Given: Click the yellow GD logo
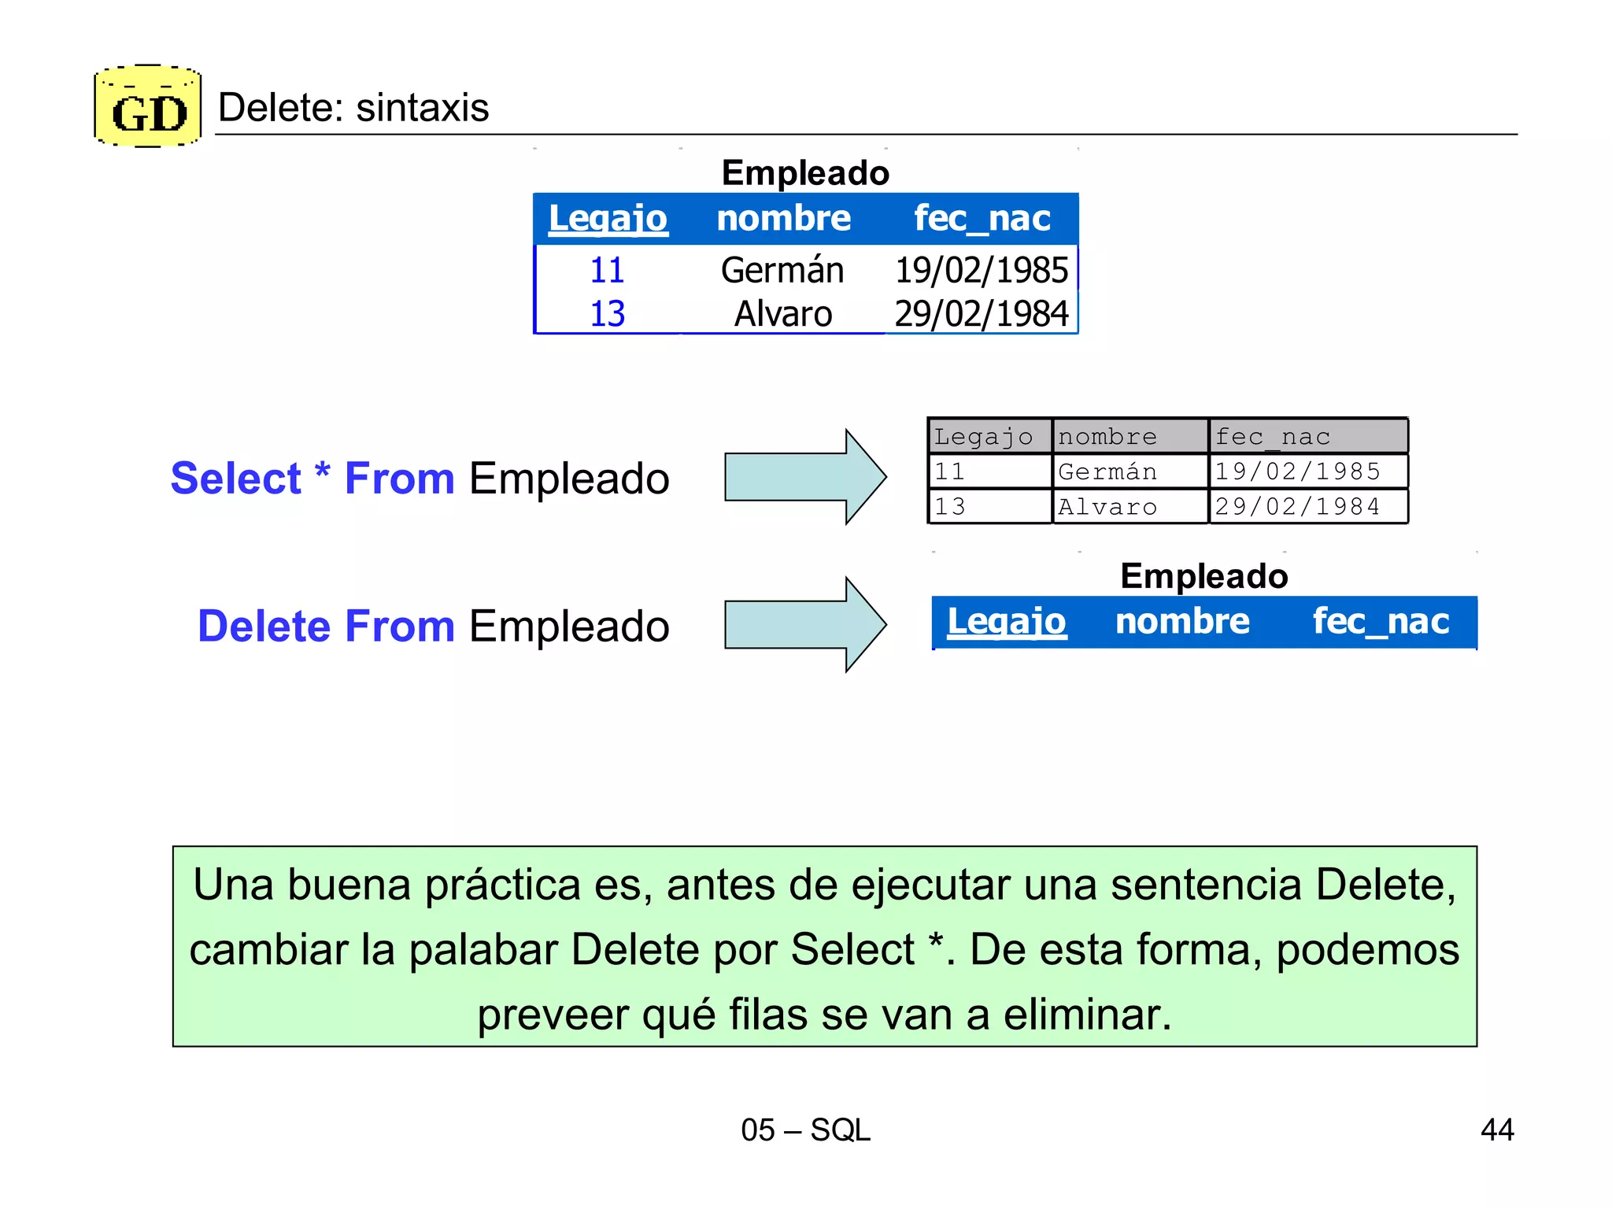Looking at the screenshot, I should (148, 107).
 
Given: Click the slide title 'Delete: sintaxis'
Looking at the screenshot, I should (353, 108).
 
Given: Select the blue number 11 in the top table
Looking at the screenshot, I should (607, 270).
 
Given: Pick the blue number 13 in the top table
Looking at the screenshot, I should (607, 313).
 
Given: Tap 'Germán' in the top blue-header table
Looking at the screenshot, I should (782, 270).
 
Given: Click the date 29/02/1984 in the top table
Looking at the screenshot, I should (981, 313).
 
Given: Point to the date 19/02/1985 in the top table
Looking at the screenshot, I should (981, 270).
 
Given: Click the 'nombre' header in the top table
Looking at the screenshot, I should (783, 218).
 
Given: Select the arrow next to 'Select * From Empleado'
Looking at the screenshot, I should (804, 477).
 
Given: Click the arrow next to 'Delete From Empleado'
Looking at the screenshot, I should (804, 625).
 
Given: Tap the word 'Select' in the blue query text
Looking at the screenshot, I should (235, 479).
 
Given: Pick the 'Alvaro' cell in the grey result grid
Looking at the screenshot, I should (1107, 507).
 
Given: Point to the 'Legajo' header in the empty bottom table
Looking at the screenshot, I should (1006, 622).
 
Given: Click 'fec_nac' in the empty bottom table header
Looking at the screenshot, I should (1381, 622).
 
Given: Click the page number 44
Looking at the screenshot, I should (1496, 1130).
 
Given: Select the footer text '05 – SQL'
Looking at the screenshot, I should (805, 1130).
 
